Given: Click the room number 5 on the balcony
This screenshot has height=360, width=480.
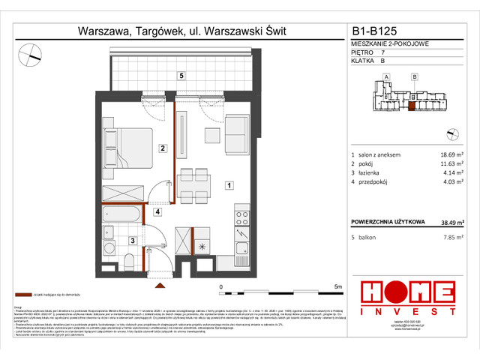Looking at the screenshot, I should pos(181,76).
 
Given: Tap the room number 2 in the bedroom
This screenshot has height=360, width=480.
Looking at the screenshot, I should pos(161,148).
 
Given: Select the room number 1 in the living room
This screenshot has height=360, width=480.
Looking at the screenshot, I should pos(229,184).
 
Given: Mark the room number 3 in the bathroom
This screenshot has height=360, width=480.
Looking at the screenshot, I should pos(132,240).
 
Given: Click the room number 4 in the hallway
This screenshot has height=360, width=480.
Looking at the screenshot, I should pos(157,212).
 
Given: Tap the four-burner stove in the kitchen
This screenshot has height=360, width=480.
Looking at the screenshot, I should pos(242,219).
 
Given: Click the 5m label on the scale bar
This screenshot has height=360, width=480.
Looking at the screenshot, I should pos(338,286).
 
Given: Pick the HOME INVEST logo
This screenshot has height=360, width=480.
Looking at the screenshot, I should pos(408,298).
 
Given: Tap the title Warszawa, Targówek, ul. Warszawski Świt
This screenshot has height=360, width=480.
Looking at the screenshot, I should pos(182,32).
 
